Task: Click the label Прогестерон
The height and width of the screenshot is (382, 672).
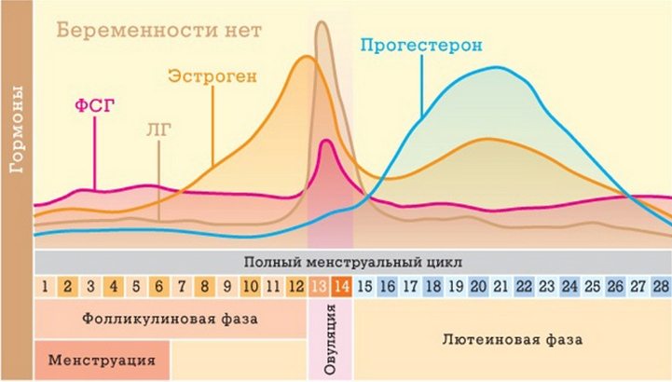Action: point(420,45)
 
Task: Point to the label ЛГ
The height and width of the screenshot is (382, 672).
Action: point(160,133)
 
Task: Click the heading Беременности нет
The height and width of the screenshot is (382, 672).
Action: point(158,29)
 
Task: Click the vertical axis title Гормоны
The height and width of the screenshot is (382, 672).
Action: point(17,130)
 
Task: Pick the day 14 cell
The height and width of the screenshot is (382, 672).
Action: point(343,286)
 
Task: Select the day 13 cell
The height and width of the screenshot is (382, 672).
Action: point(320,286)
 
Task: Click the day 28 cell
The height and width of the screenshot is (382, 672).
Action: point(661,286)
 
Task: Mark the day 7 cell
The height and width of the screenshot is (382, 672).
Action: point(182,286)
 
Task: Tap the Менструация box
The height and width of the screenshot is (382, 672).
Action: point(103,359)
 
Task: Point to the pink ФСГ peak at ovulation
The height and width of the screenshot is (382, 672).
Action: point(325,142)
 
